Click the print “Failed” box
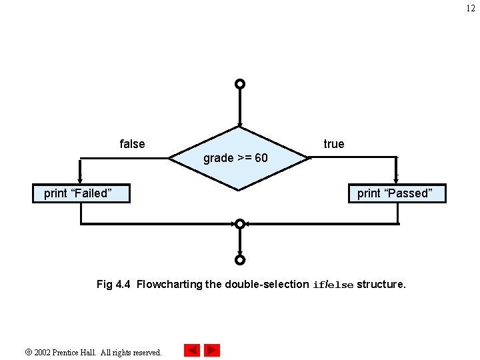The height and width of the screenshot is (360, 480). click(81, 193)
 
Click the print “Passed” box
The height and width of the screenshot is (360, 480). click(397, 193)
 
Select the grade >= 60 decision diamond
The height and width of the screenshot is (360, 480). click(239, 159)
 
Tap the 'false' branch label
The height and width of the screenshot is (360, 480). click(132, 144)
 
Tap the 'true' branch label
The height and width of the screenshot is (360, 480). click(334, 144)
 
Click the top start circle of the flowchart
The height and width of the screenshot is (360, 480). click(240, 85)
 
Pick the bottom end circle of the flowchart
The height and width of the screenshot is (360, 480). click(240, 260)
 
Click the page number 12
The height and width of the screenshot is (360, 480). click(471, 8)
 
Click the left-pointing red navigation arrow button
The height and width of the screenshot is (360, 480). click(192, 350)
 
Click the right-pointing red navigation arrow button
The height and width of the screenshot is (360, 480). click(212, 350)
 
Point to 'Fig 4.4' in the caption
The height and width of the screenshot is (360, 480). click(113, 285)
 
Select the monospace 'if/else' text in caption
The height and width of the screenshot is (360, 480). click(333, 285)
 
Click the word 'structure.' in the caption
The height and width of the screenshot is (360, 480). click(381, 285)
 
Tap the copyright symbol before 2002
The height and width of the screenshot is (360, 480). click(27, 351)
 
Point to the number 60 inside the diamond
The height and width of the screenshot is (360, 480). click(261, 159)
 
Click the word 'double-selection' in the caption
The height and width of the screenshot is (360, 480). click(267, 285)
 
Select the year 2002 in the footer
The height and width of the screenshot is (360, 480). click(43, 352)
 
